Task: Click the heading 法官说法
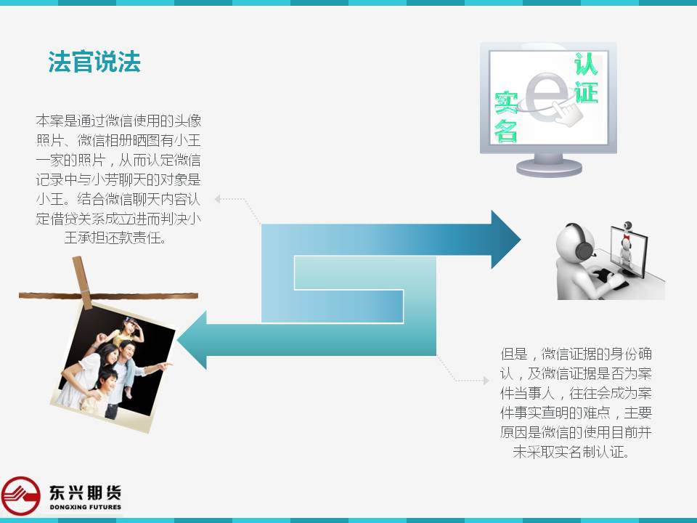tap(94, 61)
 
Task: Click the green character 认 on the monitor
tap(585, 64)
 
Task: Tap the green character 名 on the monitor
tap(506, 131)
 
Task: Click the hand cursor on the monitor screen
tap(567, 111)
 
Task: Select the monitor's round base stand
tap(549, 168)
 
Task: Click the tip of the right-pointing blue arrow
tap(520, 239)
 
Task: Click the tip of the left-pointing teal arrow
tap(178, 340)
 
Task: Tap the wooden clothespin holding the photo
tap(82, 283)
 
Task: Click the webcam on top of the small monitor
tap(627, 225)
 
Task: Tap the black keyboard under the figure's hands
tap(606, 277)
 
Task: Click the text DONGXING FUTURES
tap(86, 507)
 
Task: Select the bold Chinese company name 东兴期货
tap(86, 492)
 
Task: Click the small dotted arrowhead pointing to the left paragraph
tap(217, 199)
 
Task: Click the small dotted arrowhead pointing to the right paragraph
tap(486, 380)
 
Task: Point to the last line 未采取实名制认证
tap(571, 452)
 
